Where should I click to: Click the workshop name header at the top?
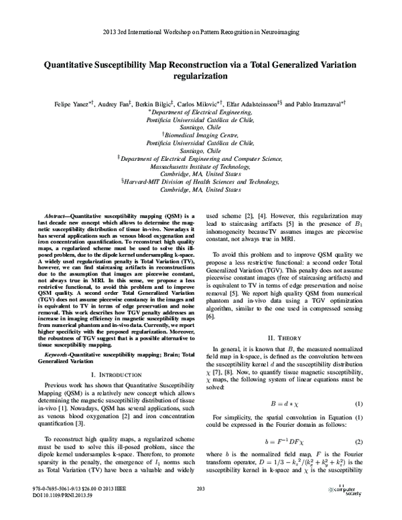point(200,31)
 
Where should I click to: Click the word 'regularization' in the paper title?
point(200,76)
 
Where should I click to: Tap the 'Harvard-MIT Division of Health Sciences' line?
point(201,200)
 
